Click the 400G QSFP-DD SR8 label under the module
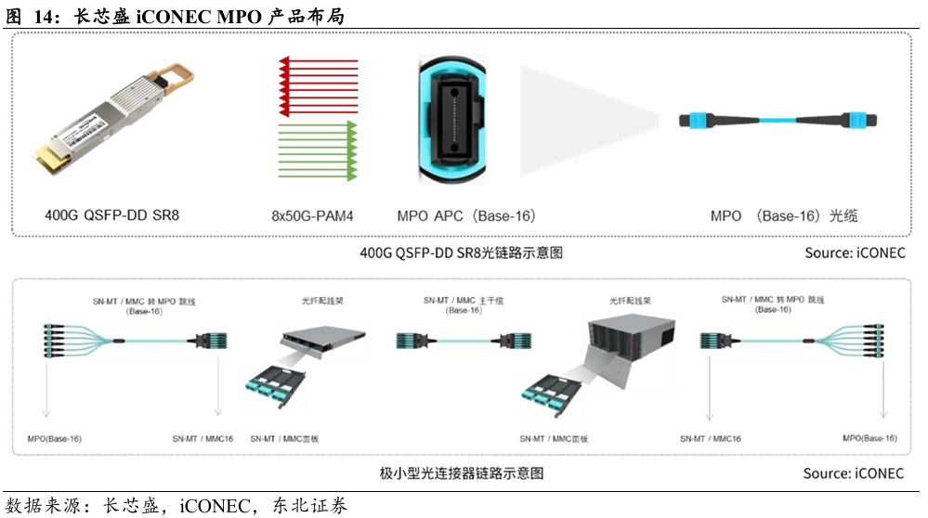[x=111, y=215]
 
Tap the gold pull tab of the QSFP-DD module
[x=173, y=79]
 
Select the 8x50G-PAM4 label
[x=312, y=216]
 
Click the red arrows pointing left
[x=319, y=85]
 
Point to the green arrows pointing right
[x=319, y=150]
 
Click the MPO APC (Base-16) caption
[x=466, y=215]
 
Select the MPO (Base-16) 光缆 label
[x=784, y=215]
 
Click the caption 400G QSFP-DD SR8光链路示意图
[x=462, y=253]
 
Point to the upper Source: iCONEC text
[x=856, y=253]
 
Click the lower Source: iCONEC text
[x=854, y=473]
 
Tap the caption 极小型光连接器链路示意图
[x=462, y=473]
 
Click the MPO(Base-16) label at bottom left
[x=55, y=439]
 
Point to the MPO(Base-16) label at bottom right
[x=870, y=438]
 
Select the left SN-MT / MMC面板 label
[x=284, y=439]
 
